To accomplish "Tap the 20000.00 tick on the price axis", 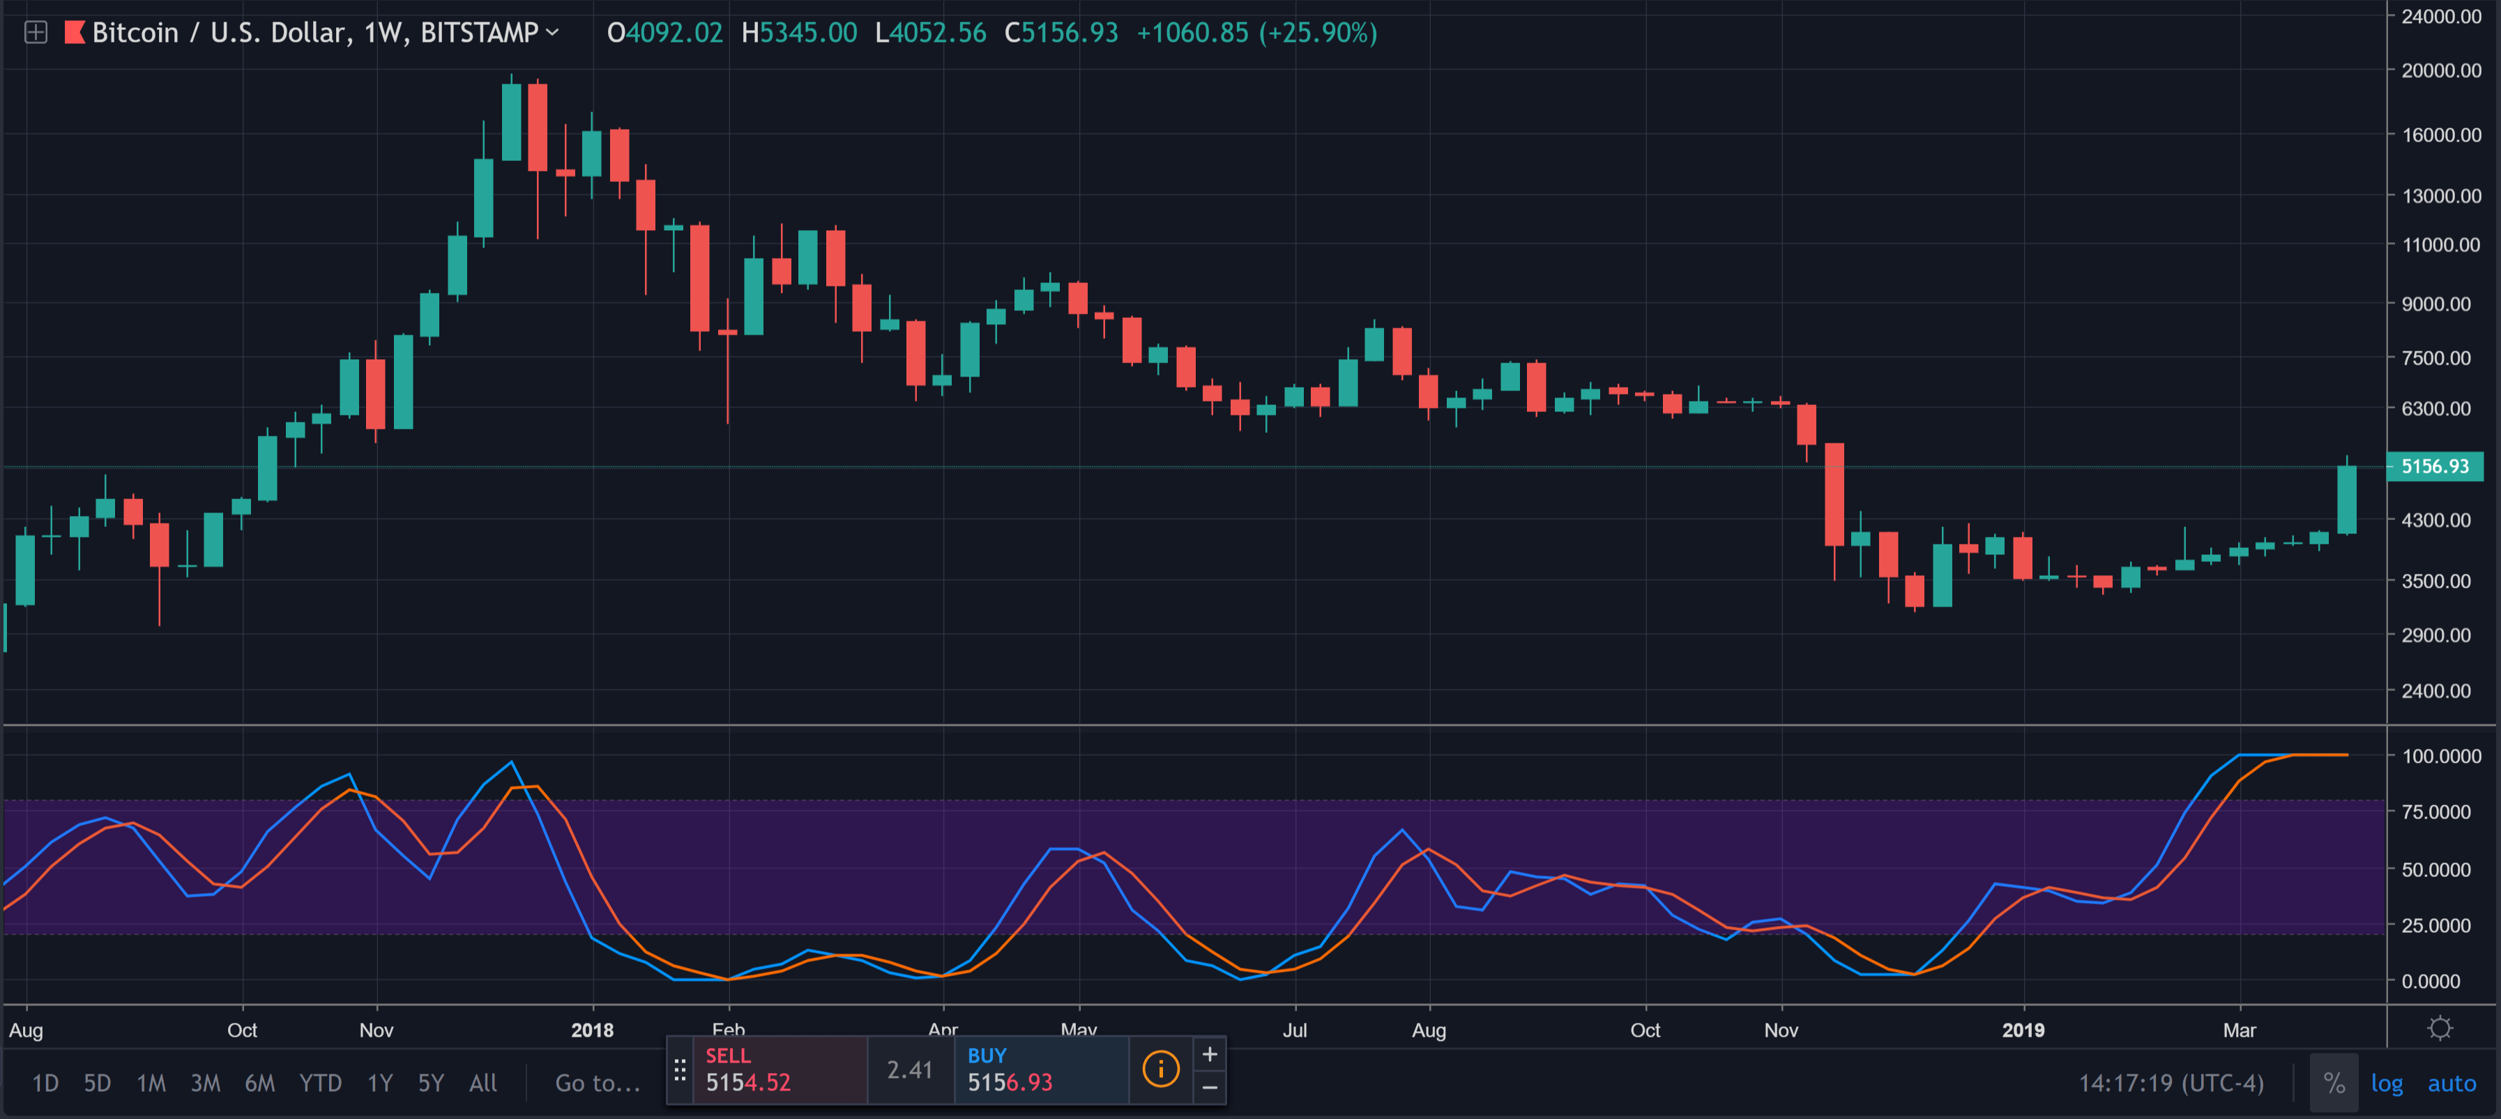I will tap(2441, 70).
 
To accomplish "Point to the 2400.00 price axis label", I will tap(2441, 691).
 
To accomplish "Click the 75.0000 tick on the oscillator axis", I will tap(2441, 812).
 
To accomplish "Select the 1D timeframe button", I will tap(45, 1083).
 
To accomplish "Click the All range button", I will tap(482, 1083).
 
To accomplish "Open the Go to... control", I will tap(597, 1083).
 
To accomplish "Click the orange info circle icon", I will tap(1160, 1069).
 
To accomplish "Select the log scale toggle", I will tap(2387, 1083).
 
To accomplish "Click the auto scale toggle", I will tap(2451, 1083).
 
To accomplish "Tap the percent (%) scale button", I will tap(2334, 1083).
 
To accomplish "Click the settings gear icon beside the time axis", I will tap(2440, 1029).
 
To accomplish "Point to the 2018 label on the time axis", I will tap(592, 1030).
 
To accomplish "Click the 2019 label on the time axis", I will tap(2023, 1030).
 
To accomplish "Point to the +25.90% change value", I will tap(1318, 33).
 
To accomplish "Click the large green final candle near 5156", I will tap(2347, 500).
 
